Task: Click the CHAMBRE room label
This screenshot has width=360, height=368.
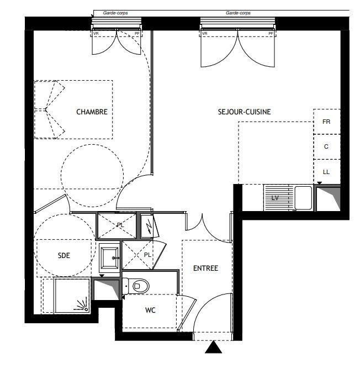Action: pyautogui.click(x=92, y=112)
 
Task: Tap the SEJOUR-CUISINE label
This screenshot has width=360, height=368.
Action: pyautogui.click(x=245, y=112)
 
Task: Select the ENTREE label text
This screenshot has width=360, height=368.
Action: pyautogui.click(x=206, y=268)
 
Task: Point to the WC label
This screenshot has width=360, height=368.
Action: pyautogui.click(x=150, y=310)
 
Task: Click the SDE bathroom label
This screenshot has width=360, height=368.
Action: pyautogui.click(x=64, y=255)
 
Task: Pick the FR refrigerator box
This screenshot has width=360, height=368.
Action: pyautogui.click(x=327, y=122)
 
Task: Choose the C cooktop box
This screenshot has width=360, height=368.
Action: pyautogui.click(x=327, y=146)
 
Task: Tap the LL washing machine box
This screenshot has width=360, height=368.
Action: pyautogui.click(x=327, y=172)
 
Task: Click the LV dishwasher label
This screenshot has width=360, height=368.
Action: pyautogui.click(x=275, y=198)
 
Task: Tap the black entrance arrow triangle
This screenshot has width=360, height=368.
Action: pyautogui.click(x=214, y=347)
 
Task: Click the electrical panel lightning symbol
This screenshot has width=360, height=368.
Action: pyautogui.click(x=149, y=227)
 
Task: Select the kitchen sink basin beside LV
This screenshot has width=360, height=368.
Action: pyautogui.click(x=303, y=198)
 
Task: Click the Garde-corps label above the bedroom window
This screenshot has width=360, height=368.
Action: pyautogui.click(x=115, y=13)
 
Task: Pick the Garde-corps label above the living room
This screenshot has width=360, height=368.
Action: pyautogui.click(x=238, y=13)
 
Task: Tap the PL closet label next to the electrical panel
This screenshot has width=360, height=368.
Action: pyautogui.click(x=120, y=225)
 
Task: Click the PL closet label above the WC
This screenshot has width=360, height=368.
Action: pyautogui.click(x=147, y=255)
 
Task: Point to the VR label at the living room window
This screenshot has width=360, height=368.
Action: pyautogui.click(x=204, y=34)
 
